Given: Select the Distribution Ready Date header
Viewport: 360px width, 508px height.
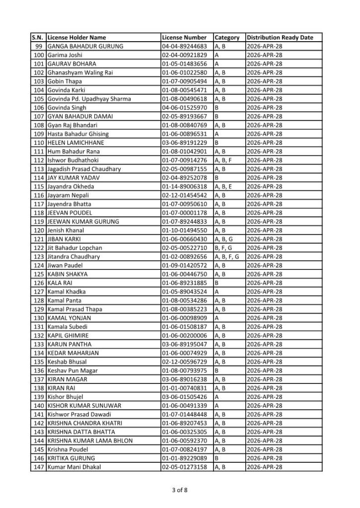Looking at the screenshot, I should click(280, 38).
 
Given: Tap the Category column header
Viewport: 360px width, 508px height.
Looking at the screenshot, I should click(227, 38).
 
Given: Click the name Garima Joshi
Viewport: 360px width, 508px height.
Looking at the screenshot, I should click(65, 55).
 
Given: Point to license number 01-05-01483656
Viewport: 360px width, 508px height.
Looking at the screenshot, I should click(184, 64).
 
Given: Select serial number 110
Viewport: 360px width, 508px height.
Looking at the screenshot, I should click(38, 143).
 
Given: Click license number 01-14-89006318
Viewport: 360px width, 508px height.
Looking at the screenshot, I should click(184, 187).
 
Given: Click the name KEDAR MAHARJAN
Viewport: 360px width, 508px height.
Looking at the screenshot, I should click(73, 353).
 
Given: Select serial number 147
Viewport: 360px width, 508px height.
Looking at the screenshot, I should click(38, 467).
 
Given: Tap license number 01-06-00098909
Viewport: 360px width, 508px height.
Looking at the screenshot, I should click(184, 318).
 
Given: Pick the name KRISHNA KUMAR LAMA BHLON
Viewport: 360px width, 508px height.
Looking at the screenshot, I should click(87, 441).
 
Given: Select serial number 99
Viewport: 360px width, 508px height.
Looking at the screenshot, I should click(40, 47).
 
